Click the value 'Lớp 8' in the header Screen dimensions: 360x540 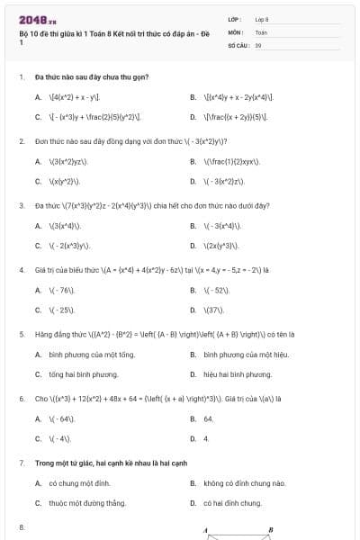[x=262, y=19]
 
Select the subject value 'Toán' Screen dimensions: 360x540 [x=261, y=31]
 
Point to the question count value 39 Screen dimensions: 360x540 [x=258, y=44]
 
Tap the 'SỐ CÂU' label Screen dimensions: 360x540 [x=238, y=44]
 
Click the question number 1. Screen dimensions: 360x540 [x=21, y=77]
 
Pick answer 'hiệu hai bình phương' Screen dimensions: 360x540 [x=238, y=374]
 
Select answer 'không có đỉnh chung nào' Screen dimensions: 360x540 [x=244, y=483]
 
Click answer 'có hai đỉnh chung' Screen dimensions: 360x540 [x=232, y=503]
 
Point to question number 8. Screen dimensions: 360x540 [x=21, y=526]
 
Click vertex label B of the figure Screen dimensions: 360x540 [x=270, y=530]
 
